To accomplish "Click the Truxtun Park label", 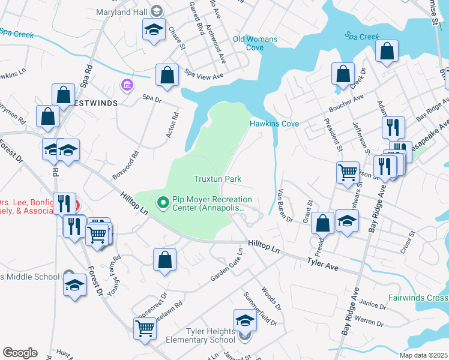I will coord(217,179).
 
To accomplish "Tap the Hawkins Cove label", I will coord(274,124).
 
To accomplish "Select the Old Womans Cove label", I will coord(255,43).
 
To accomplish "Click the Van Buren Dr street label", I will coord(285,206).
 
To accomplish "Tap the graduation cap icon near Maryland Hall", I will coord(154,29).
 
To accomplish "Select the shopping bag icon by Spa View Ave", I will coord(167,76).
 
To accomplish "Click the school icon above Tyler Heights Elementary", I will coord(244,320).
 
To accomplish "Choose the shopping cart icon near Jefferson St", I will coord(348,172).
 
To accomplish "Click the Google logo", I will coord(20,352).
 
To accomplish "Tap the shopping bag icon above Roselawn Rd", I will coord(164,260).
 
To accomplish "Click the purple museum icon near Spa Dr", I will coord(127,85).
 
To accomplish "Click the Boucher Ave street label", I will coord(346,104).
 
